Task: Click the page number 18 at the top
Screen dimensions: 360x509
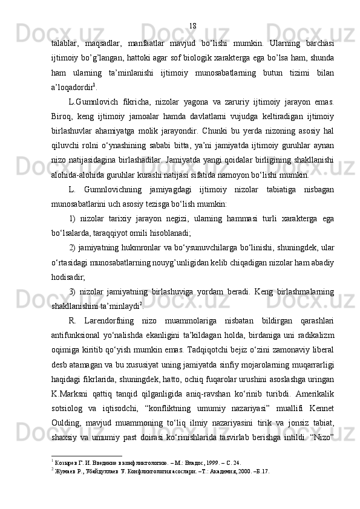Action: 192,26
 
